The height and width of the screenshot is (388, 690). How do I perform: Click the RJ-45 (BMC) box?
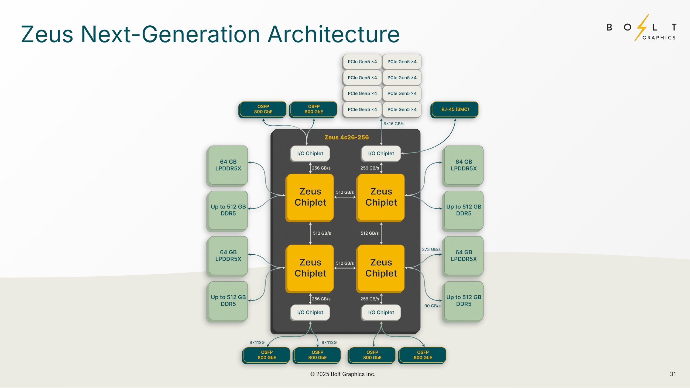[x=455, y=109]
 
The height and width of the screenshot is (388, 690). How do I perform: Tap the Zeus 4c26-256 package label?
[x=346, y=137]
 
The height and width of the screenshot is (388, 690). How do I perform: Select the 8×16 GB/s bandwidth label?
[x=394, y=124]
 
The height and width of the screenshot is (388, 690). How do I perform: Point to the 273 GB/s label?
[x=431, y=250]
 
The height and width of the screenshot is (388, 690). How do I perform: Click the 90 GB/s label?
[x=432, y=306]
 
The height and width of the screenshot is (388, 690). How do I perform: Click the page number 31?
[x=672, y=374]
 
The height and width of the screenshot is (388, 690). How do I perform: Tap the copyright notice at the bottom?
[x=342, y=374]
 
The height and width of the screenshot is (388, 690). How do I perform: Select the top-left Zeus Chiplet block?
[x=310, y=197]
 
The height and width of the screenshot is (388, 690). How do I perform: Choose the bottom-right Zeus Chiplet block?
[x=381, y=268]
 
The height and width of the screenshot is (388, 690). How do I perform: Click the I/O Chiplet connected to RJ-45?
[x=381, y=154]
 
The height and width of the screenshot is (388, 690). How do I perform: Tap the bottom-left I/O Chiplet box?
[x=310, y=313]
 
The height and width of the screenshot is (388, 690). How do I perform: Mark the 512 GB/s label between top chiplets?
[x=345, y=192]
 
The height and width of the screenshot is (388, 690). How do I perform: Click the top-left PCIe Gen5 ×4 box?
[x=362, y=62]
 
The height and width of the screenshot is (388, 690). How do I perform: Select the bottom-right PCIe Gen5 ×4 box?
[x=402, y=109]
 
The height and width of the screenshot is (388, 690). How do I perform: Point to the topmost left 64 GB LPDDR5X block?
[x=228, y=165]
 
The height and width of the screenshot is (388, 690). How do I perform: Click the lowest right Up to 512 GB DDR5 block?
[x=464, y=301]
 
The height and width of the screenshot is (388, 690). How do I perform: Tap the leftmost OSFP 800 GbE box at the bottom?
[x=266, y=355]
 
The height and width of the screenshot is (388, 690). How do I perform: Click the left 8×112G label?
[x=257, y=342]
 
